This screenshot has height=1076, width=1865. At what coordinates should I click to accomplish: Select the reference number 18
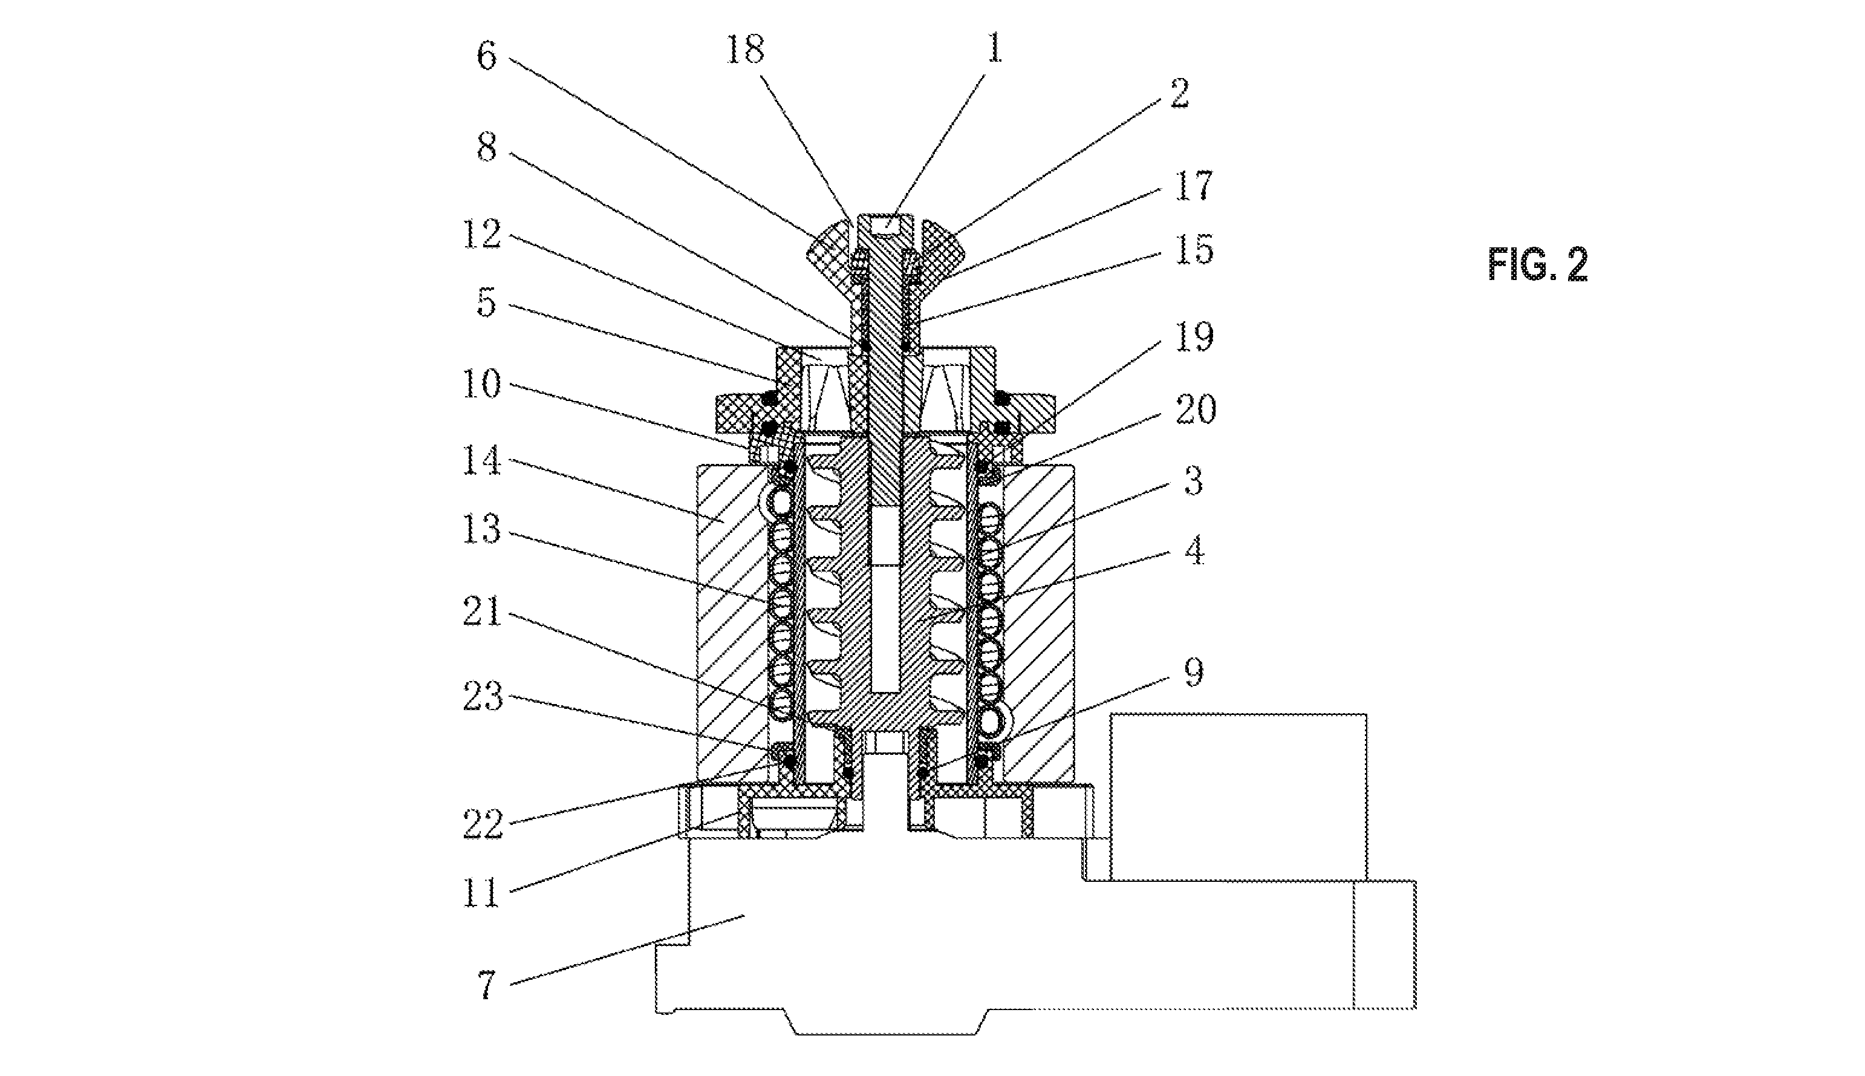pyautogui.click(x=744, y=50)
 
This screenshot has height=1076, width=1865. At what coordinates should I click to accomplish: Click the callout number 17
pyautogui.click(x=1193, y=186)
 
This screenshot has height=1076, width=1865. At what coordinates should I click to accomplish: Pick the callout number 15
pyautogui.click(x=1193, y=250)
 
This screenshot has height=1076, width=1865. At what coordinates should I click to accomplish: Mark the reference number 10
pyautogui.click(x=482, y=384)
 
